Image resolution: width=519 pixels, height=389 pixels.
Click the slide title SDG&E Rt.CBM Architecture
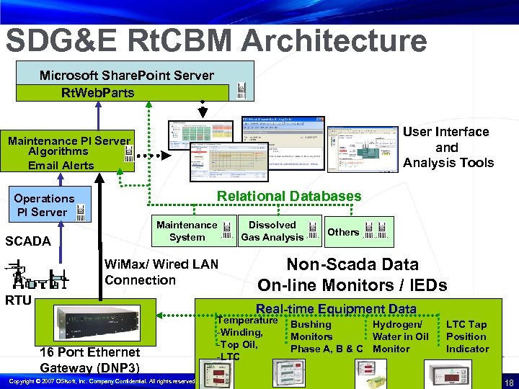coord(216,40)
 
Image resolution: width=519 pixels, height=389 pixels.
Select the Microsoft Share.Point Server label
coord(126,75)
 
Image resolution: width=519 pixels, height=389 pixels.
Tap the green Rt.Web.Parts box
coord(97,93)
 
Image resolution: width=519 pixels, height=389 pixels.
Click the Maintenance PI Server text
coord(69,140)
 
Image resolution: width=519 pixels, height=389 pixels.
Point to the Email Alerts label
coord(61,165)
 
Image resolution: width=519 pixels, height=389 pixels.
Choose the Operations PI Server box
coord(45,205)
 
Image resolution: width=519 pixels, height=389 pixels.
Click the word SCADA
coord(28,241)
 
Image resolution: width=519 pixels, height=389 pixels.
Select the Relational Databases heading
coord(289,196)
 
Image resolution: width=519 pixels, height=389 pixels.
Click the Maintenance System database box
coord(187,231)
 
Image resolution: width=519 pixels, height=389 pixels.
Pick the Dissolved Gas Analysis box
coord(272,231)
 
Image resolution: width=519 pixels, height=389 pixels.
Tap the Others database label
coord(343,232)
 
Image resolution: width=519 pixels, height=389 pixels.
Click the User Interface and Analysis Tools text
coord(447,147)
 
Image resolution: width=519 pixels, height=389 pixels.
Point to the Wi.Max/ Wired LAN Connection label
coord(161,272)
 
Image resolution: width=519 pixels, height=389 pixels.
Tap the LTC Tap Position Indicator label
coord(467,336)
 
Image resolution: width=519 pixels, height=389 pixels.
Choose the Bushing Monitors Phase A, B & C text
coord(326,336)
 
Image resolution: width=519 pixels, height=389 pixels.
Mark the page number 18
coord(509,381)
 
